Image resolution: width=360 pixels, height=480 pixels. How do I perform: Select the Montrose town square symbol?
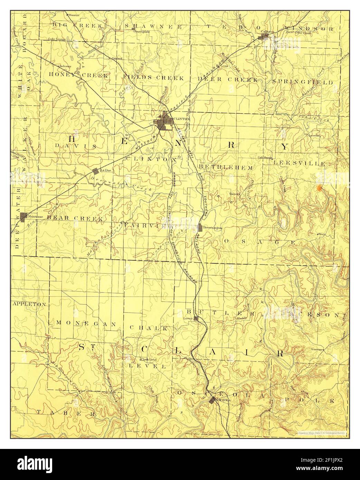23,217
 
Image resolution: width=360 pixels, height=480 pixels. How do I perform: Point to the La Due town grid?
96,171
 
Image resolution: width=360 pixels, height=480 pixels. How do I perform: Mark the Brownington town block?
200,228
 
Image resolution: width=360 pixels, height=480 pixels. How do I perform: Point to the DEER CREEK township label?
228,79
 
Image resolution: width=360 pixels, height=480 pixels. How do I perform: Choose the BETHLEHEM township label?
226,167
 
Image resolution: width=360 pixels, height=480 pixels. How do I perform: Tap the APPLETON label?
29,304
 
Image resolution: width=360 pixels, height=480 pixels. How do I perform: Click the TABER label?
66,413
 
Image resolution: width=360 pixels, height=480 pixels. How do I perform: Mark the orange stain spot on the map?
320,188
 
